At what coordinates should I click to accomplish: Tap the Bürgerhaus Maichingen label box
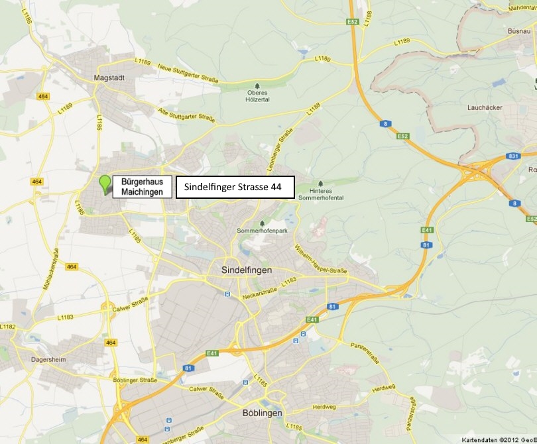pos(142,186)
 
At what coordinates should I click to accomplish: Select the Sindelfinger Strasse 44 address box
pos(234,188)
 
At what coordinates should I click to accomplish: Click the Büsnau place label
pos(519,31)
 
